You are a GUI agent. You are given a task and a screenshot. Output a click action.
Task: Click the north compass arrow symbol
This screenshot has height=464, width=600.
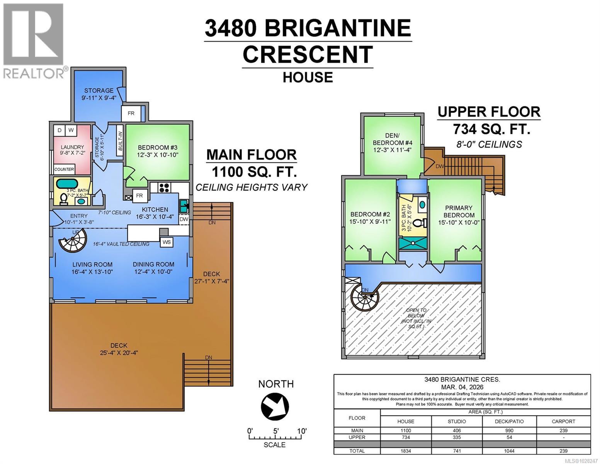[x=275, y=406]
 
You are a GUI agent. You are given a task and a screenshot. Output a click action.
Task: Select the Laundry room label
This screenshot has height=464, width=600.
[x=72, y=147]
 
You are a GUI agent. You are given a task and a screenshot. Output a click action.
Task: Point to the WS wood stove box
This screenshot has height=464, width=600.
[x=167, y=242]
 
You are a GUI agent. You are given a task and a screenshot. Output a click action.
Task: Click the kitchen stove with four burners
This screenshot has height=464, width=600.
[x=164, y=188]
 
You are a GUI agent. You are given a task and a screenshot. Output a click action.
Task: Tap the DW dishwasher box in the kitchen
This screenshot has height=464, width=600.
[x=184, y=219]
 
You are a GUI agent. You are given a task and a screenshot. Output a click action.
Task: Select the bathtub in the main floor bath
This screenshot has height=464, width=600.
[x=67, y=183]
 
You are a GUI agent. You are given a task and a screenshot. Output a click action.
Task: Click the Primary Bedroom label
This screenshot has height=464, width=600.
[x=459, y=212]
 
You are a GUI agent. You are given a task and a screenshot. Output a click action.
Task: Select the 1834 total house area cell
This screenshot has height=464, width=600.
[x=406, y=451]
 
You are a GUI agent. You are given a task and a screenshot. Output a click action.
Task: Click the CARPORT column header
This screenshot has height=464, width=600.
[x=563, y=421]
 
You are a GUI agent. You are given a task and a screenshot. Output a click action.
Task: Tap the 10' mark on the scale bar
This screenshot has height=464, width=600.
[x=302, y=431]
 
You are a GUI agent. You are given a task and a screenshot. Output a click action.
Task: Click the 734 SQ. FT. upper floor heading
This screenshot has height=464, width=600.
[x=491, y=128]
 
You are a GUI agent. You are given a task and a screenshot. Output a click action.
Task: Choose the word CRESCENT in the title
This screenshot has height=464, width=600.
[x=308, y=55]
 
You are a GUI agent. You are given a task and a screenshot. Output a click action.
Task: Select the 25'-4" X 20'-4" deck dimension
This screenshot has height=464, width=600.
[x=119, y=353]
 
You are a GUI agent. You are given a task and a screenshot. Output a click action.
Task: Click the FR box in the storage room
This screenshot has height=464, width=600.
[x=131, y=113]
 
